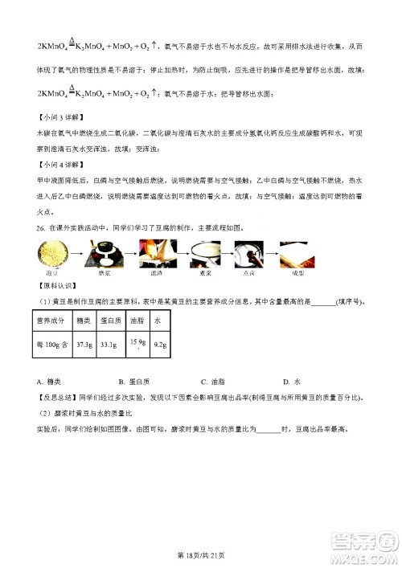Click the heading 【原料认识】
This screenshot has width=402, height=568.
point(55,286)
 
